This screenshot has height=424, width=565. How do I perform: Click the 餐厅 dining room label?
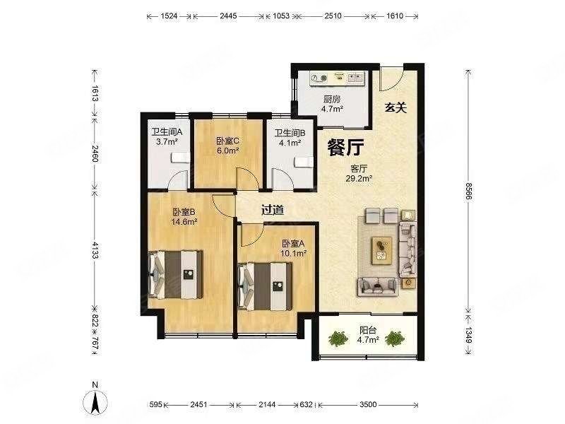click(x=345, y=147)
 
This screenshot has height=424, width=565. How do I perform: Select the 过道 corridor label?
click(x=273, y=209)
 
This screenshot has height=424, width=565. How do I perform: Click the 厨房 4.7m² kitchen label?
click(x=333, y=105)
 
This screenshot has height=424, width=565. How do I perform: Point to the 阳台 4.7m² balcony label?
click(x=369, y=334)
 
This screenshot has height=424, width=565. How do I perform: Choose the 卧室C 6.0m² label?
click(x=227, y=145)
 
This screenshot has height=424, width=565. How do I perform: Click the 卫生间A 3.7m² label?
click(x=167, y=136)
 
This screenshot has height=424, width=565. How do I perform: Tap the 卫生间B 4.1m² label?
click(x=290, y=136)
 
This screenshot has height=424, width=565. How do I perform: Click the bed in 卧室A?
click(x=267, y=283)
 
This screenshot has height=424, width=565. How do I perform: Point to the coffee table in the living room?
click(x=382, y=248)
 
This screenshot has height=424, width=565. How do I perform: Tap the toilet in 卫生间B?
click(x=303, y=161)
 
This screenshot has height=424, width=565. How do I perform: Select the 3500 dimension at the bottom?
click(x=367, y=405)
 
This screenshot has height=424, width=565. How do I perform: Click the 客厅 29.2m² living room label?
click(x=360, y=174)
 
